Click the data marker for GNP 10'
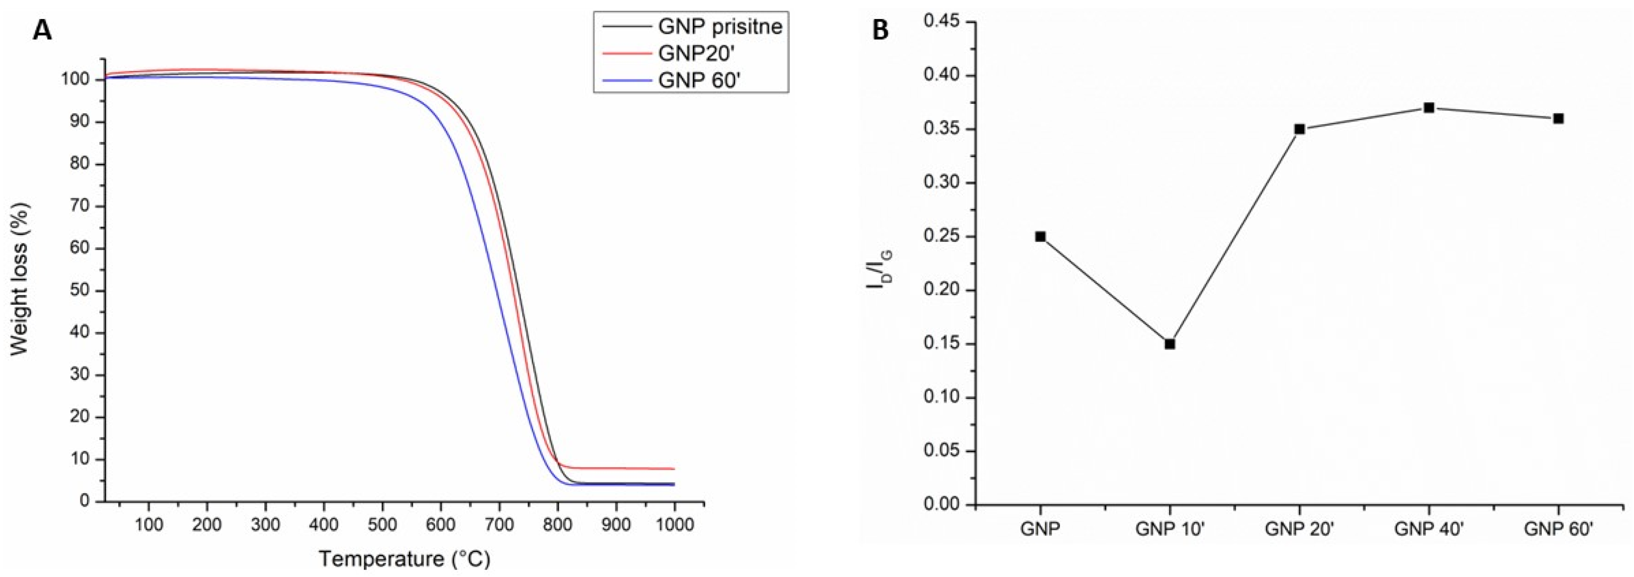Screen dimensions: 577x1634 point(1170,344)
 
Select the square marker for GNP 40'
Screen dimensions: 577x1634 point(1429,108)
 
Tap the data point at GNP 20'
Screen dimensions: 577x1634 point(1299,129)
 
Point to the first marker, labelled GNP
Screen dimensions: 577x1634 point(1040,236)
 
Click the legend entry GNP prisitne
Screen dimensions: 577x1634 point(719,26)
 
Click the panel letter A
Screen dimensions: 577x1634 point(42,30)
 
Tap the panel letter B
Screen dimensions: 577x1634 point(880,30)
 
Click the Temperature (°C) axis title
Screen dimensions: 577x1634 point(404,559)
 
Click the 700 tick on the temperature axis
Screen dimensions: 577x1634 point(499,526)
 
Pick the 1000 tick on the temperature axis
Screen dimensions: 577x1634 point(674,526)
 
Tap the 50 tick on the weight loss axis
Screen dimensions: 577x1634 point(80,290)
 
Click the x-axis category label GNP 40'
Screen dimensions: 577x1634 point(1429,529)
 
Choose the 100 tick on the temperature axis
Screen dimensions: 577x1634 point(149,526)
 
